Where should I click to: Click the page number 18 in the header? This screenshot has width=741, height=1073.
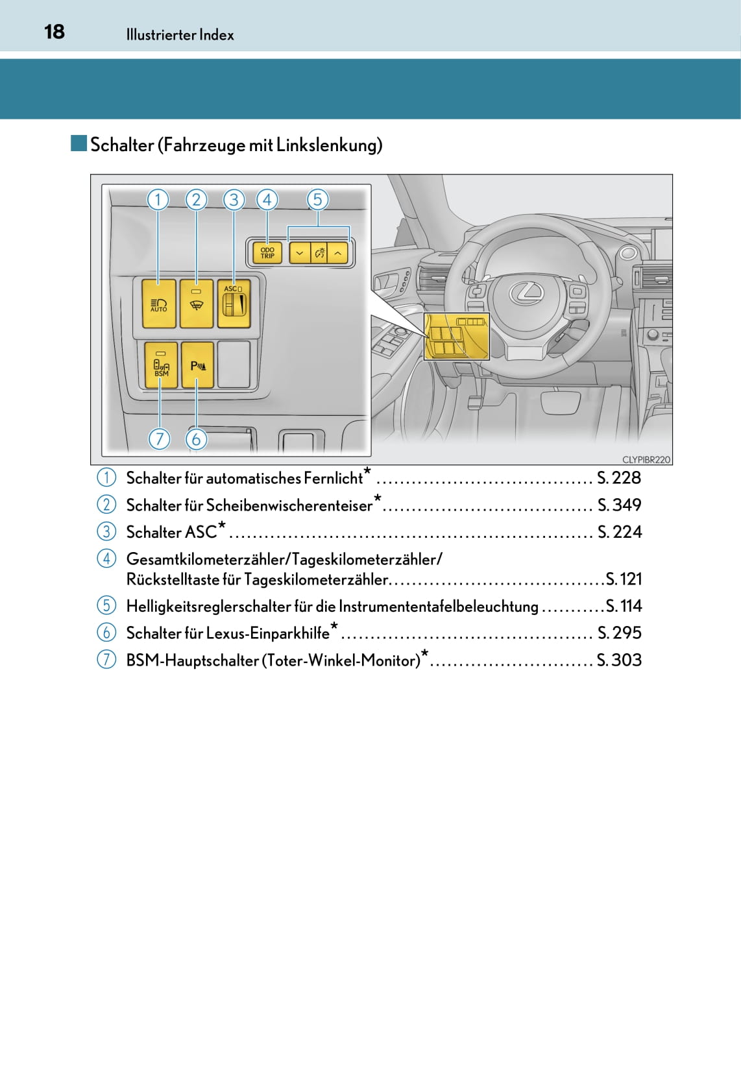(x=55, y=32)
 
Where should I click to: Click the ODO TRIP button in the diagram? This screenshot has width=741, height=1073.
(x=267, y=252)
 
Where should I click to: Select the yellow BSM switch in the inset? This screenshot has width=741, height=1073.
(x=161, y=365)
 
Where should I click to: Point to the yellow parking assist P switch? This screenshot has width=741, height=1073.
(x=197, y=365)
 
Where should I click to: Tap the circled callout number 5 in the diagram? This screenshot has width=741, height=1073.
(x=317, y=199)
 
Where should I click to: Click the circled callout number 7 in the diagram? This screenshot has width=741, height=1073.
(x=159, y=439)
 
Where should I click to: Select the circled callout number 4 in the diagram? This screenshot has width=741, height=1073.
(x=267, y=199)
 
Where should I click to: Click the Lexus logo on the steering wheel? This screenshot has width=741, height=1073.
(x=526, y=293)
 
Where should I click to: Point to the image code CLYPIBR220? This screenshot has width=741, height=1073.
(x=646, y=459)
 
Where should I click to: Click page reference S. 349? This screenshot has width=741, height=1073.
(x=619, y=505)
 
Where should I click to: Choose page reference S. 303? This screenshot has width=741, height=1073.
(x=619, y=660)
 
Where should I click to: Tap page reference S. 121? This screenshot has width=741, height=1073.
(x=624, y=579)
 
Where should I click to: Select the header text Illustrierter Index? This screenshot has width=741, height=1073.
(x=180, y=35)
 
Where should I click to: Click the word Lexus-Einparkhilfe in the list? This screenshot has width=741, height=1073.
(x=267, y=633)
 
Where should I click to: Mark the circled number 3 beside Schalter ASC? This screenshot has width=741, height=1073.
(x=106, y=531)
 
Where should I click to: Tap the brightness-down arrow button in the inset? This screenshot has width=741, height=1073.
(x=299, y=252)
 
